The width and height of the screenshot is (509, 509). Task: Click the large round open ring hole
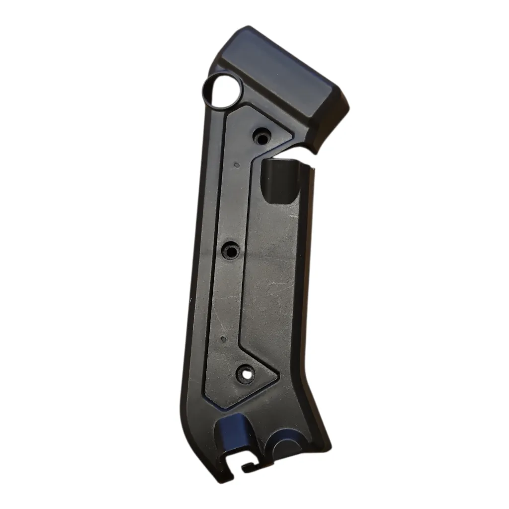tap(222, 92)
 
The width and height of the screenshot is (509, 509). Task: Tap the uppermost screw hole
tap(262, 134)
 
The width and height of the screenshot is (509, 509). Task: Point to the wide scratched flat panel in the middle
tap(268, 278)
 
